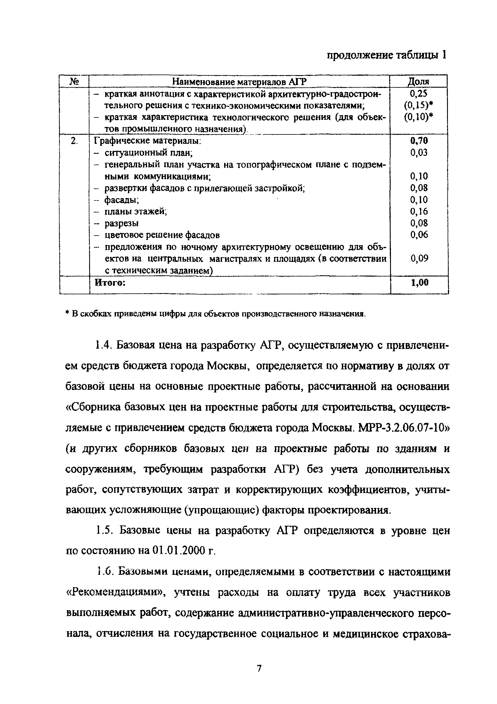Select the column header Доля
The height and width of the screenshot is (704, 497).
pos(418,82)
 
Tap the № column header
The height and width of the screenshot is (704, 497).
pos(74,82)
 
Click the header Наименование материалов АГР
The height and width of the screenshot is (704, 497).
pos(239,82)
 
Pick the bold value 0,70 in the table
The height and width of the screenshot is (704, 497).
pos(419,141)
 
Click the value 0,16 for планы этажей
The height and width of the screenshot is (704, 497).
pos(419,211)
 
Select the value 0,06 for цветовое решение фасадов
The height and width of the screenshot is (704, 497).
pos(419,235)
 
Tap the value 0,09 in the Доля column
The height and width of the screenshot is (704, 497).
pos(419,258)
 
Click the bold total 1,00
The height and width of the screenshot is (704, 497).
pos(420,282)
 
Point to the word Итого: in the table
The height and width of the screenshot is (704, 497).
pos(110,282)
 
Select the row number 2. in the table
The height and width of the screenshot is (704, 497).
pos(74,141)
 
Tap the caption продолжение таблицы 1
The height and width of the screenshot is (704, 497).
pos(386,55)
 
